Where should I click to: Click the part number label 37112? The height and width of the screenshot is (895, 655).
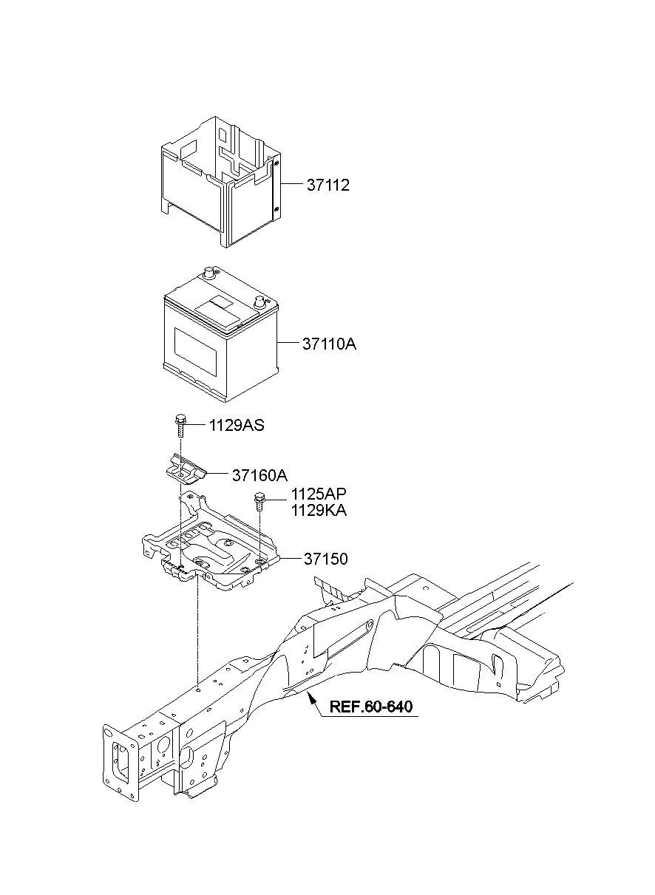pos(327,186)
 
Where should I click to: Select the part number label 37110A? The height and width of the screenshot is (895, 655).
pos(329,344)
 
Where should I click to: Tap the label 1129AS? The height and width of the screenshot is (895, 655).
pos(237,426)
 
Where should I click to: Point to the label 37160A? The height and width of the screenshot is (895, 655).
pos(239,475)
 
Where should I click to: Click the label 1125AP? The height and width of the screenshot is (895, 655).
pos(319,494)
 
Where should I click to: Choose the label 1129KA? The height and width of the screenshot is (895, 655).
pos(319,510)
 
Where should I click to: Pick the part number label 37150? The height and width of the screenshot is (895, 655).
pos(325,559)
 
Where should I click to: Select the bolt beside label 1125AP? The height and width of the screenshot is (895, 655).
pos(259,502)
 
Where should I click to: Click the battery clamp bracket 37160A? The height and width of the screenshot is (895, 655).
pos(185,472)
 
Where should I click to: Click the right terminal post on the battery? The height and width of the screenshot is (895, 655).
pos(259,302)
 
